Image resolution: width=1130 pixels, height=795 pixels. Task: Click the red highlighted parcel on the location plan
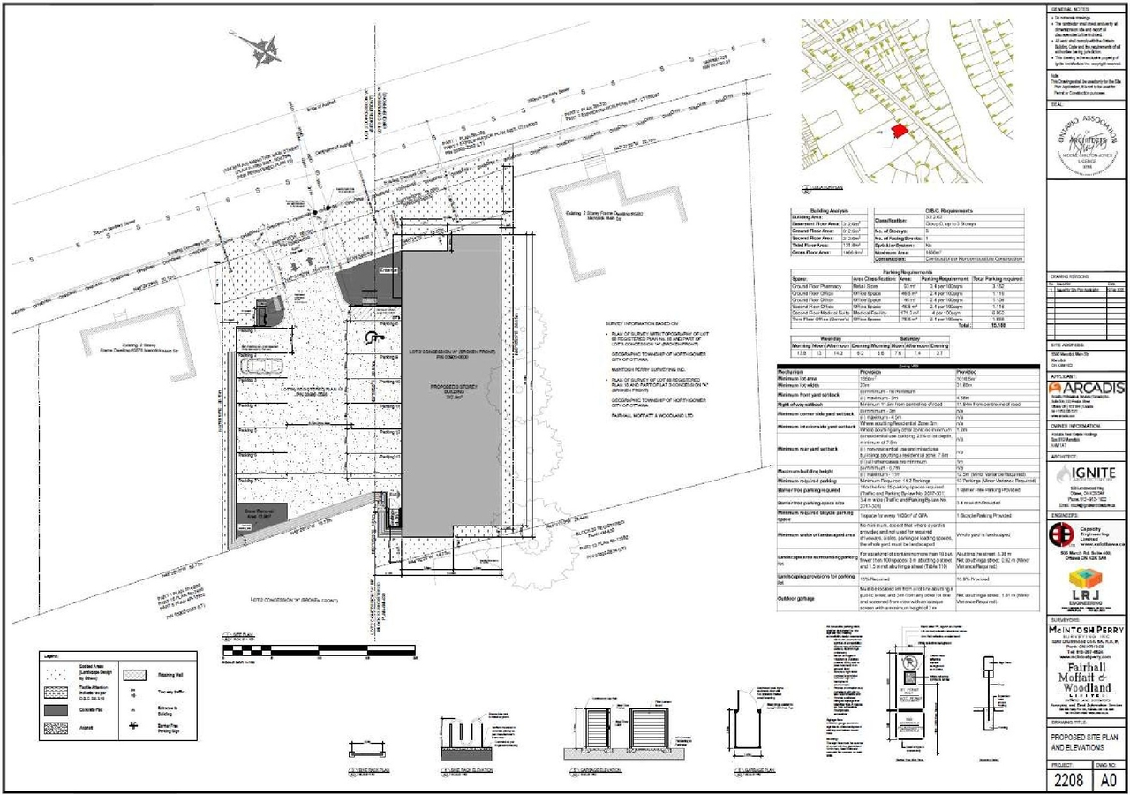click(899, 131)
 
